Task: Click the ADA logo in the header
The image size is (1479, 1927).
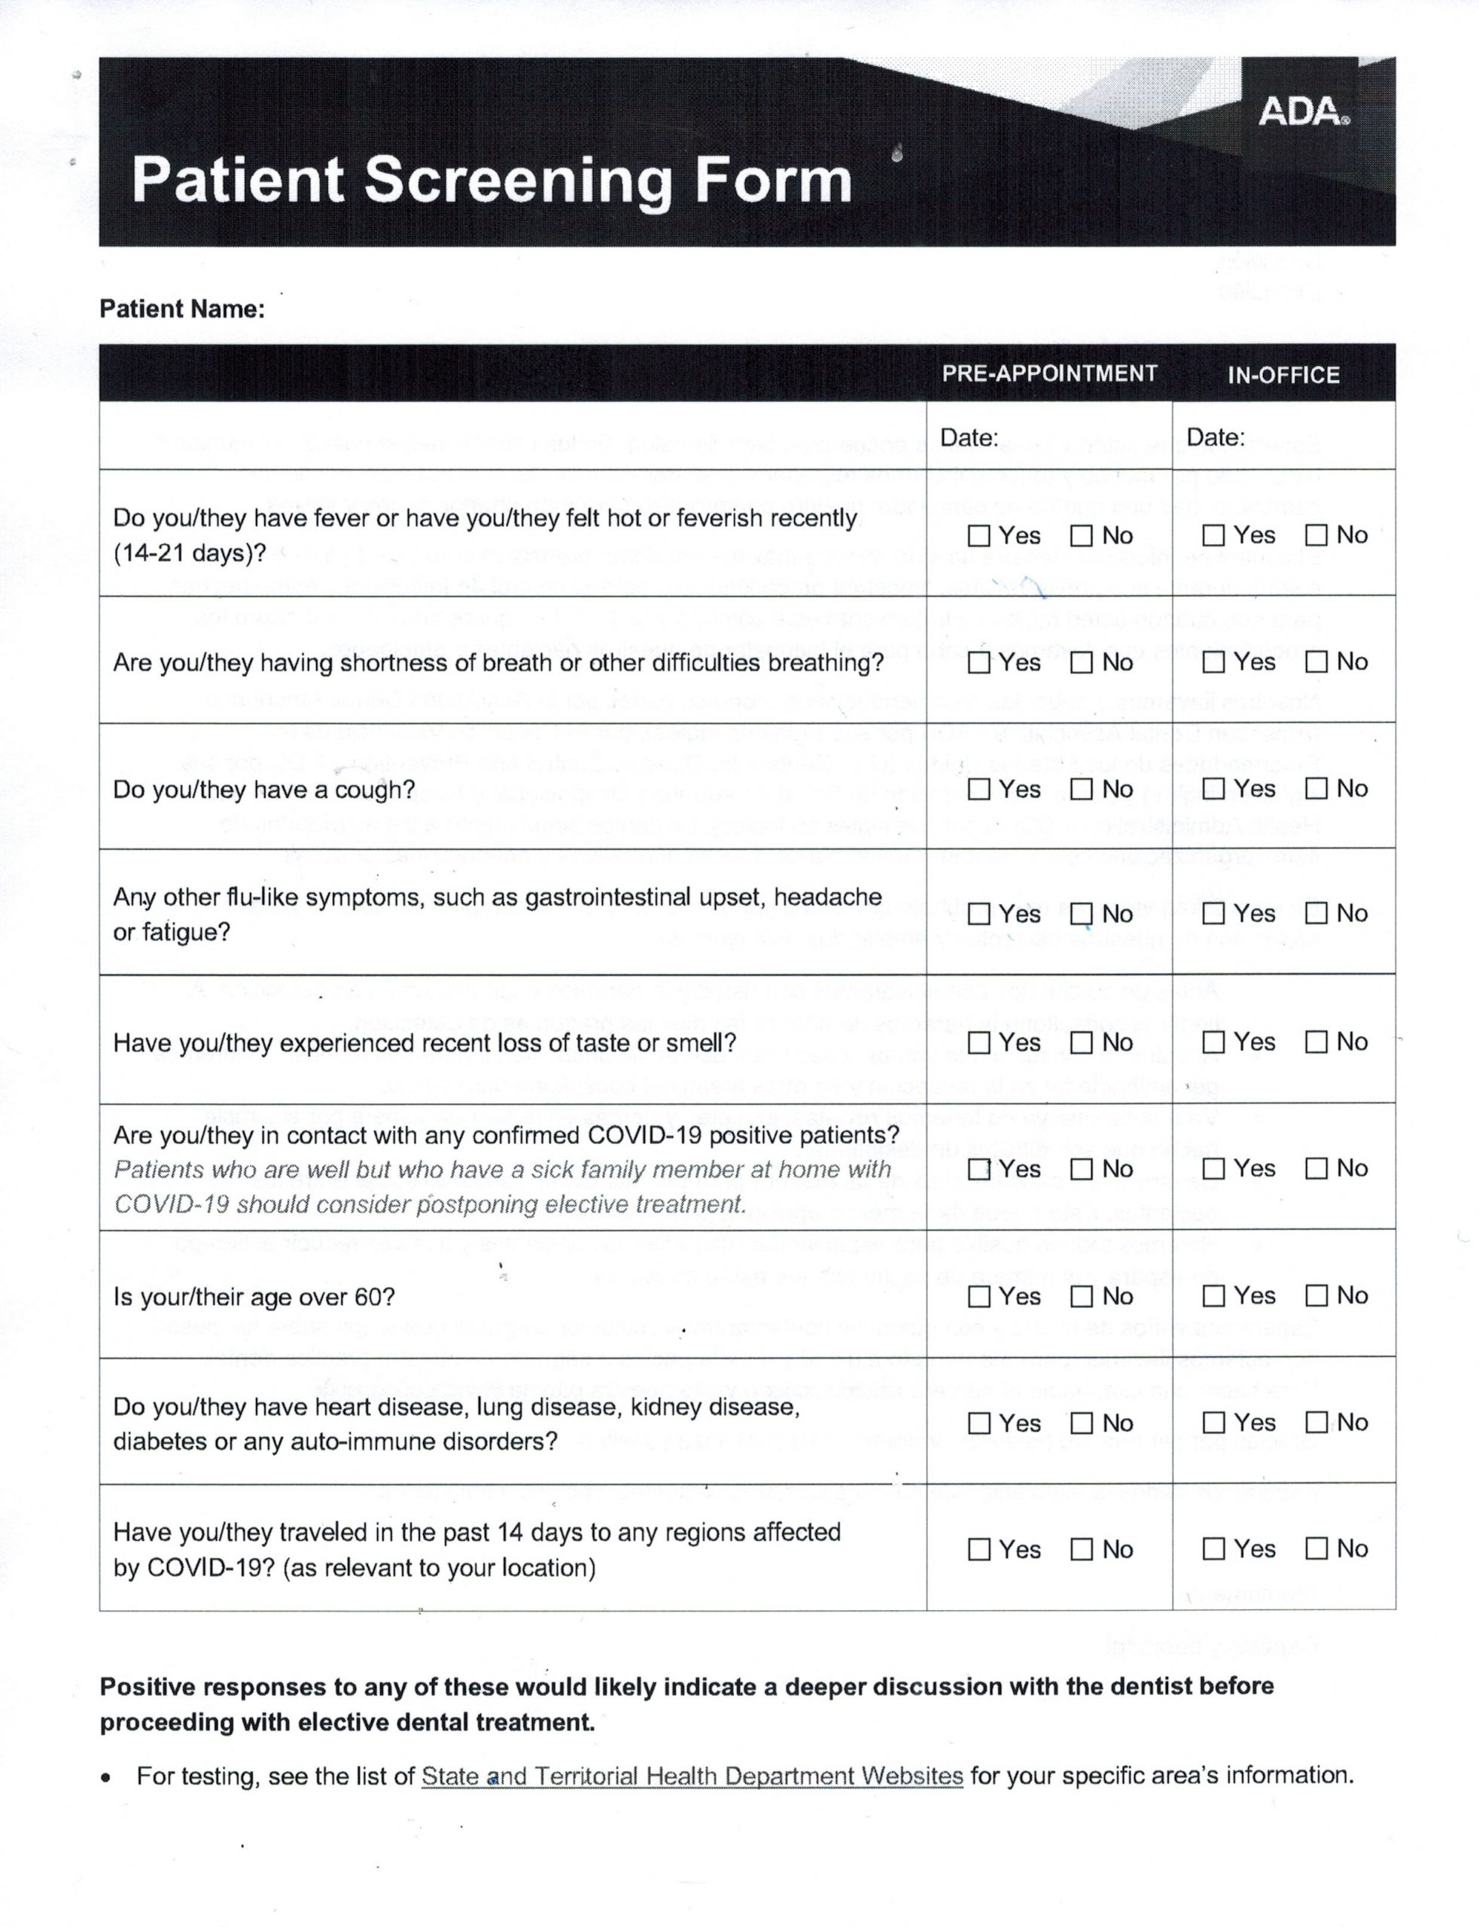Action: click(x=1302, y=113)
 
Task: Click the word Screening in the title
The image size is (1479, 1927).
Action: click(x=519, y=181)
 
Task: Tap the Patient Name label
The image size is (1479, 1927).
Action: click(x=181, y=309)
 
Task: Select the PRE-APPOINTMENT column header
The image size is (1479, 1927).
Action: click(x=1048, y=373)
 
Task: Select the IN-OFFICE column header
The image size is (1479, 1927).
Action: click(x=1283, y=375)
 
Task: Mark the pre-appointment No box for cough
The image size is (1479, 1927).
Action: click(x=1081, y=789)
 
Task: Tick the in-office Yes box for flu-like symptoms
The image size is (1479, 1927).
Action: click(x=1213, y=914)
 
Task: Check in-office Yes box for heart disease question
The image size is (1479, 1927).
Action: click(x=1213, y=1423)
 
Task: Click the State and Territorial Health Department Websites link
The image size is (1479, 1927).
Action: click(x=692, y=1776)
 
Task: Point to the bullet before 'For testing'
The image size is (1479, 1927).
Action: click(x=108, y=1777)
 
